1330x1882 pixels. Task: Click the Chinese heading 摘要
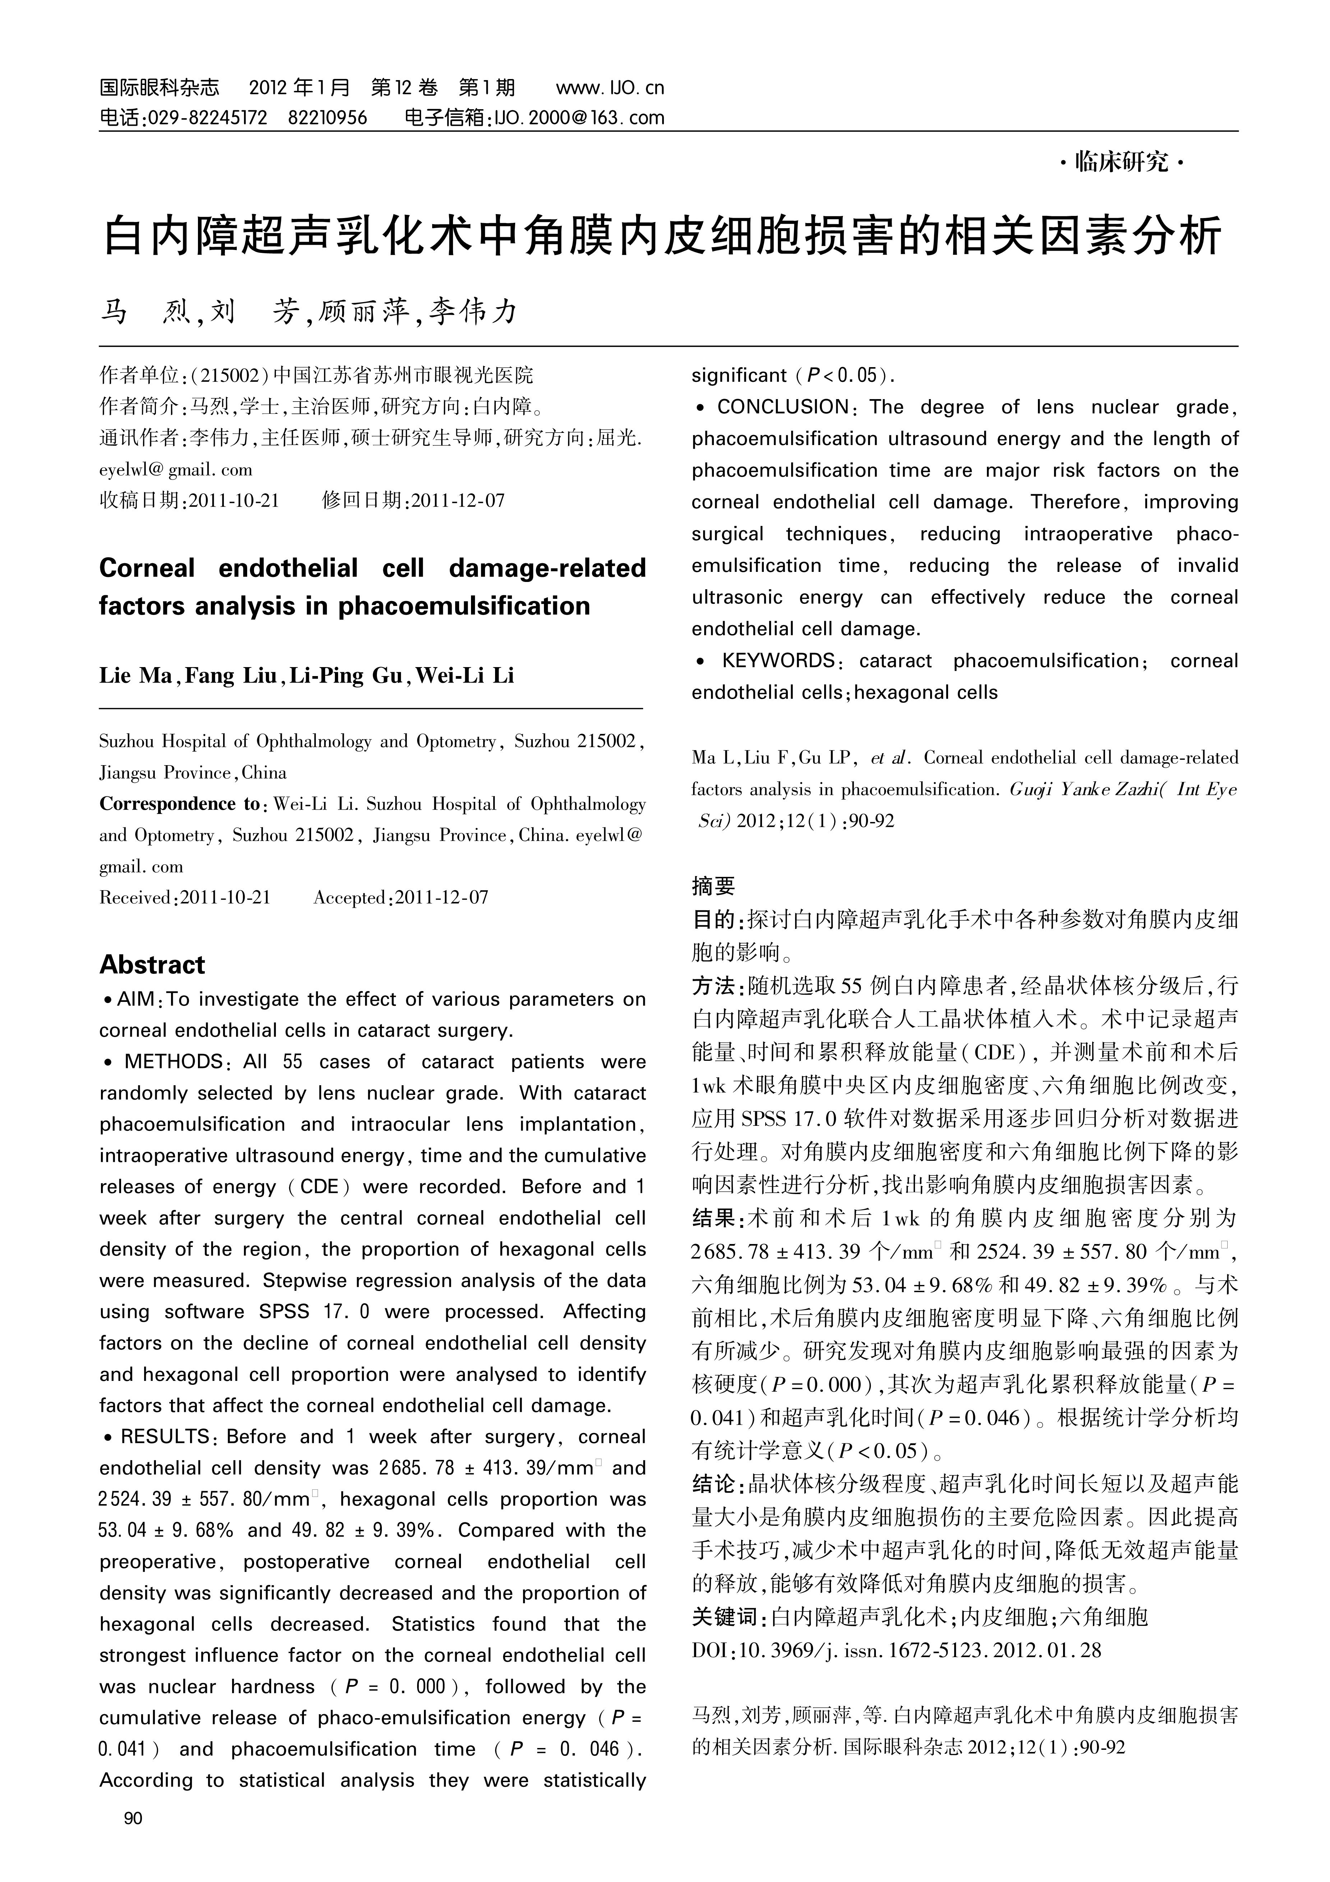click(714, 886)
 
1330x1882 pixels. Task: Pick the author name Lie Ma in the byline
click(135, 675)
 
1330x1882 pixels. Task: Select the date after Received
click(225, 898)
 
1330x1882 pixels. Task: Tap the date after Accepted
click(441, 898)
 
